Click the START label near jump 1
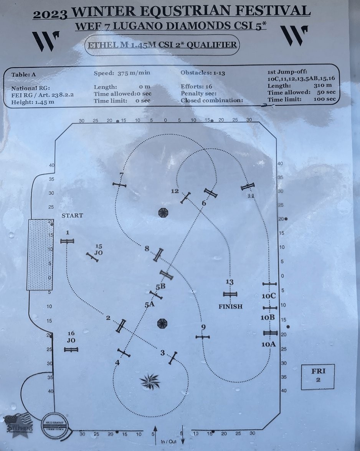[x=72, y=216]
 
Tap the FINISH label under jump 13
[x=230, y=306]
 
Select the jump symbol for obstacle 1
[x=67, y=241]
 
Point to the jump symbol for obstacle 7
[x=119, y=185]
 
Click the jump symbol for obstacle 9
[x=202, y=337]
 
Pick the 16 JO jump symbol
[x=71, y=349]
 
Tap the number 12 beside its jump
[x=175, y=191]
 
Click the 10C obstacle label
[x=269, y=296]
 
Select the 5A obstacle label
[x=149, y=305]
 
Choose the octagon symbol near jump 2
[x=163, y=323]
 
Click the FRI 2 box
[x=318, y=376]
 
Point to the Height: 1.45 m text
[x=33, y=102]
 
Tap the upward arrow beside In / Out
[x=155, y=433]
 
